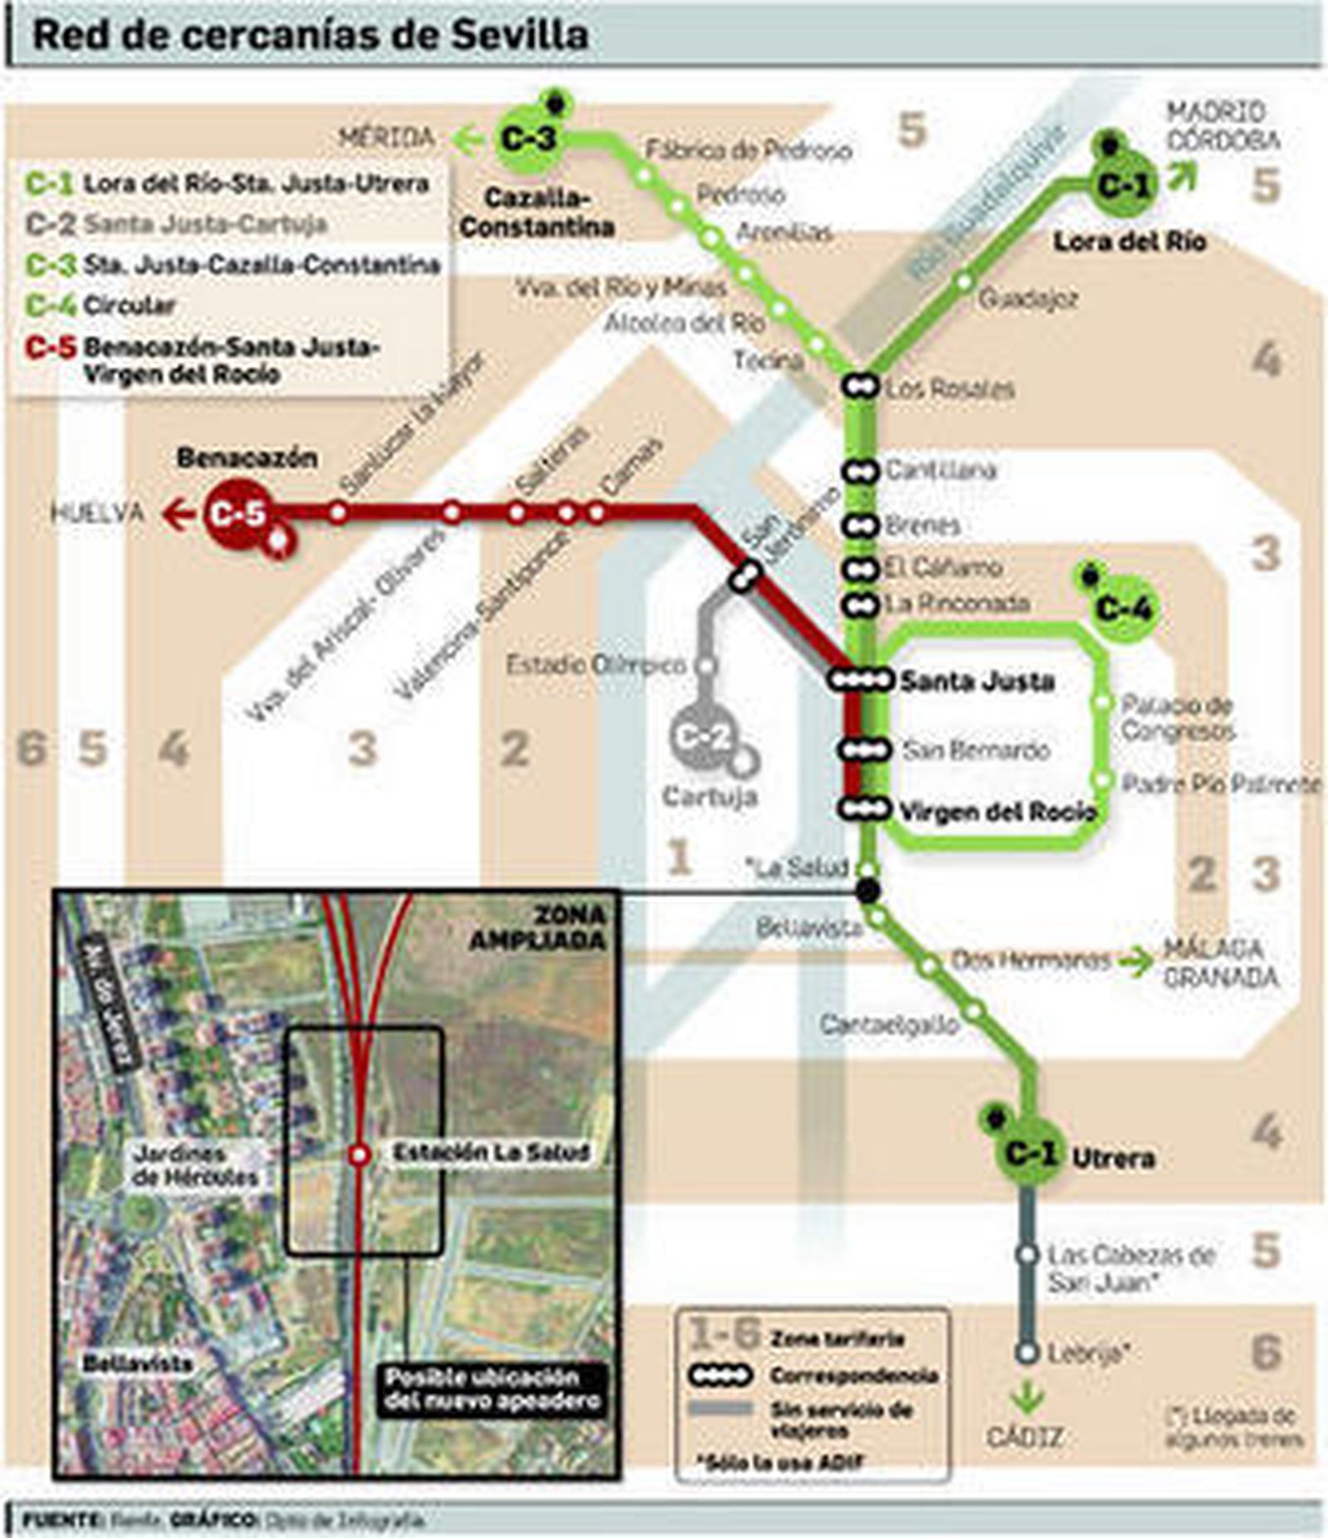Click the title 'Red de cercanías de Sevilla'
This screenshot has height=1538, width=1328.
click(x=310, y=35)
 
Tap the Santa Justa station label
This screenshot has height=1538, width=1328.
click(x=977, y=681)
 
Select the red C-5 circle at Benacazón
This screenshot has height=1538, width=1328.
click(x=237, y=514)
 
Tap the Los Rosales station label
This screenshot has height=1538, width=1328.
click(x=950, y=388)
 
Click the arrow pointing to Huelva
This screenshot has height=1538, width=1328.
click(x=177, y=514)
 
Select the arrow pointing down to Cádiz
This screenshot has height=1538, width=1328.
click(x=1028, y=1395)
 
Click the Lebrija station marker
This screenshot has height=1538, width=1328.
click(x=1028, y=1353)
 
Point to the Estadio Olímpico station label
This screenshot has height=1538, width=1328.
click(x=596, y=665)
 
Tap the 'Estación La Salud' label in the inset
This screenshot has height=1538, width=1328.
click(x=491, y=1152)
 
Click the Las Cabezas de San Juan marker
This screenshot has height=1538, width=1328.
click(x=1028, y=1255)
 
